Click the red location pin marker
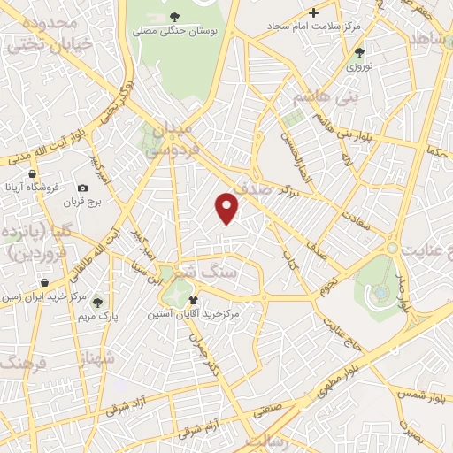(x=227, y=207)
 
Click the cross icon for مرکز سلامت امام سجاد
(x=313, y=12)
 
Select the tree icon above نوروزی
(x=359, y=52)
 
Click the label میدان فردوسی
(x=173, y=140)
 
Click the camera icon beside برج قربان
(x=83, y=188)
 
